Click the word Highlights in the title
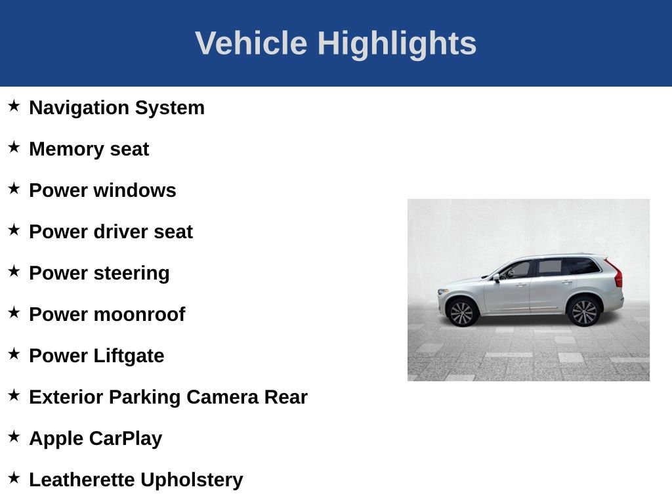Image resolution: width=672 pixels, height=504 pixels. click(x=397, y=44)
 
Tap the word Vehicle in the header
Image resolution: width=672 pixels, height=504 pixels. click(x=251, y=43)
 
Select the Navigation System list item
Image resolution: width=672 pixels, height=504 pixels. click(x=117, y=108)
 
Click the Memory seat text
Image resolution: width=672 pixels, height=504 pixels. click(x=89, y=149)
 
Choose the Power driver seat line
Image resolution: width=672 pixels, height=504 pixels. click(x=111, y=232)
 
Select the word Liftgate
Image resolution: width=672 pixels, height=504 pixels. click(x=129, y=356)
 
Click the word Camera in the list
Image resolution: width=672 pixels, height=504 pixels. click(x=222, y=397)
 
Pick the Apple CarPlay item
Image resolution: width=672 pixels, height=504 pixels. click(x=96, y=438)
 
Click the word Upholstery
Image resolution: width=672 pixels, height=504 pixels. click(x=192, y=480)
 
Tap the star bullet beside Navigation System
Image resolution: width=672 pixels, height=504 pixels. click(x=14, y=106)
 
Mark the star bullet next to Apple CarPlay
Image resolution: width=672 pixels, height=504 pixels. click(x=14, y=436)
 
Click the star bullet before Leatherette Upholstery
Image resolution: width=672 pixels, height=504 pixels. click(x=14, y=478)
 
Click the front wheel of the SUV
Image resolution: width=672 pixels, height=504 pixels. click(x=462, y=312)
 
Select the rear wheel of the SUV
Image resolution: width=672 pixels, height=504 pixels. click(x=583, y=312)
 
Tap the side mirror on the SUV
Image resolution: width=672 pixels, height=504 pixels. click(x=496, y=278)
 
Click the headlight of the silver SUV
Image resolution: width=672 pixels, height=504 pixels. click(x=442, y=292)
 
